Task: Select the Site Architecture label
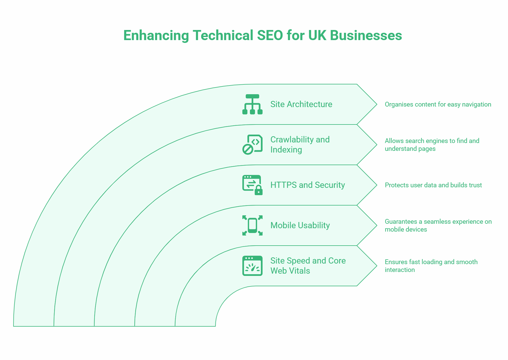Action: pyautogui.click(x=301, y=104)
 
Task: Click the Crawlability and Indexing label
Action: pyautogui.click(x=300, y=144)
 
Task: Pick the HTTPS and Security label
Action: pyautogui.click(x=307, y=185)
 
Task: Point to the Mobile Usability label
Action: pyautogui.click(x=300, y=225)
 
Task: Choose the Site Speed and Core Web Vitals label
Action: pyautogui.click(x=307, y=266)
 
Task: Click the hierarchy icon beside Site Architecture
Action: pyautogui.click(x=252, y=104)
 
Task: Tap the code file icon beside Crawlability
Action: pyautogui.click(x=252, y=144)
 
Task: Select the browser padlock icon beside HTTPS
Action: pyautogui.click(x=252, y=185)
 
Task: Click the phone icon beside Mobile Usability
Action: pyautogui.click(x=252, y=225)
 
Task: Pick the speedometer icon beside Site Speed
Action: pyautogui.click(x=252, y=266)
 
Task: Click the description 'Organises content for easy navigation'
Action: pyautogui.click(x=438, y=105)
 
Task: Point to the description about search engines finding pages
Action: pyautogui.click(x=432, y=145)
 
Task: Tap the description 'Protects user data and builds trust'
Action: pyautogui.click(x=433, y=185)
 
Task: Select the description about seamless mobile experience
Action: pyautogui.click(x=438, y=225)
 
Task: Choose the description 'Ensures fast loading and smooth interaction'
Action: pyautogui.click(x=431, y=266)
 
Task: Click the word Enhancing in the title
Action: pyautogui.click(x=156, y=36)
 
